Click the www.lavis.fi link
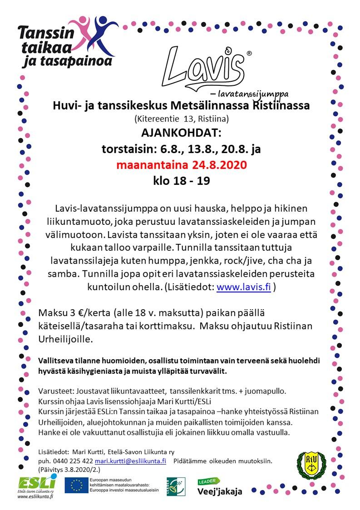pyautogui.click(x=243, y=287)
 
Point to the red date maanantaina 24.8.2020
pyautogui.click(x=182, y=164)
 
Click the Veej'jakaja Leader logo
pyautogui.click(x=219, y=487)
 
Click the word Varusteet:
pyautogui.click(x=56, y=391)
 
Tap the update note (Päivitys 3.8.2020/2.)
pyautogui.click(x=69, y=469)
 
